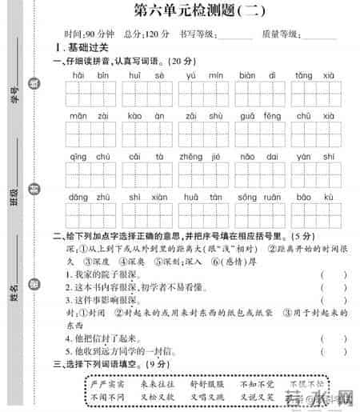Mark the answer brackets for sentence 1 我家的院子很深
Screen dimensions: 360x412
coord(334,274)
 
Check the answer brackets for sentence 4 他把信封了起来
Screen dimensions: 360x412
coord(334,338)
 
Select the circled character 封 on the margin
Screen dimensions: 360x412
coord(33,189)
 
